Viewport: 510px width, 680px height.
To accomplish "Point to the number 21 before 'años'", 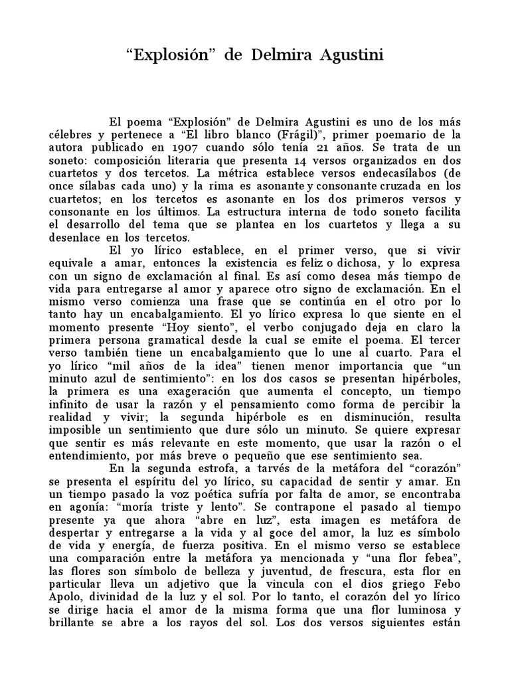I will (x=356, y=148).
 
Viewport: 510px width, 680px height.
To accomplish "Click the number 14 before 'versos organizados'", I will (x=284, y=161).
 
